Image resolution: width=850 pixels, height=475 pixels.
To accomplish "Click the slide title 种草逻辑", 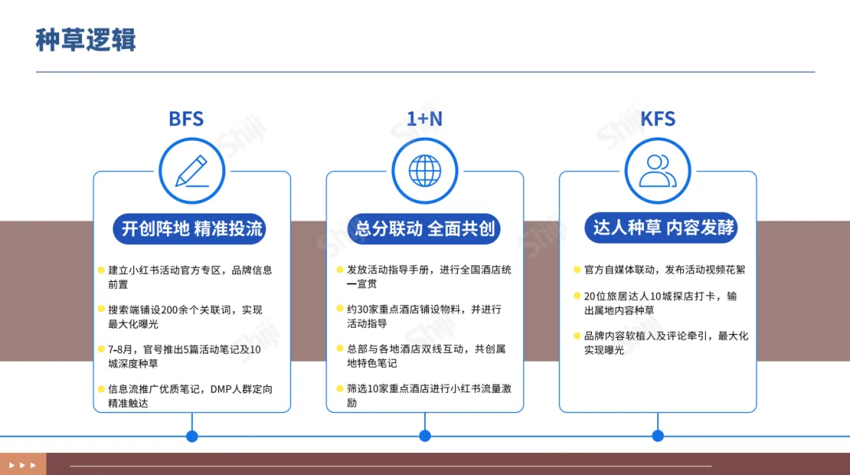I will pyautogui.click(x=86, y=39).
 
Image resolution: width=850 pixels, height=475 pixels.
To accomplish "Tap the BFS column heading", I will pyautogui.click(x=186, y=119).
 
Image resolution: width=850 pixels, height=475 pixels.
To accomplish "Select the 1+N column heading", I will pyautogui.click(x=424, y=119).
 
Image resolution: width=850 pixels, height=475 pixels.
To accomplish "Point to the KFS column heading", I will pyautogui.click(x=657, y=119).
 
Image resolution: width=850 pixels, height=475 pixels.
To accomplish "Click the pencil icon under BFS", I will pyautogui.click(x=192, y=171).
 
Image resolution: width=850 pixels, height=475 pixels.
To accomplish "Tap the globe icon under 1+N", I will pyautogui.click(x=425, y=171).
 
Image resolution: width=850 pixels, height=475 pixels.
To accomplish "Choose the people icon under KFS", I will pyautogui.click(x=658, y=171).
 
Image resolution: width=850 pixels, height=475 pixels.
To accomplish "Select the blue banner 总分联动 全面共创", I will pyautogui.click(x=425, y=229).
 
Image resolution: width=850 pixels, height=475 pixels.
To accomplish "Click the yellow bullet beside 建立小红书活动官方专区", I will pyautogui.click(x=102, y=269).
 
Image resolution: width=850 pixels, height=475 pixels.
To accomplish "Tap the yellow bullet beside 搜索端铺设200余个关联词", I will pyautogui.click(x=102, y=310).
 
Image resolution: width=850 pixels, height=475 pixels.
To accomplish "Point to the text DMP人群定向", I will pyautogui.click(x=242, y=389).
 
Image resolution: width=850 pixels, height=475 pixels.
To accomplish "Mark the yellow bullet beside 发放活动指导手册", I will pyautogui.click(x=340, y=269).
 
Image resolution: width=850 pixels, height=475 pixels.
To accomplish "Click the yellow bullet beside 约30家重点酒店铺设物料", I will pyautogui.click(x=340, y=310).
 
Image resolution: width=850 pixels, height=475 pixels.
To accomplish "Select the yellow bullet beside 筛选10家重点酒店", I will pyautogui.click(x=340, y=389).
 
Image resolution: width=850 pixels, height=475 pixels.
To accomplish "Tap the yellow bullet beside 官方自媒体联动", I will pyautogui.click(x=577, y=269).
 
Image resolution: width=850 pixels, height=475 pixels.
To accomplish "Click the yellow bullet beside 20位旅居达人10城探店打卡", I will pyautogui.click(x=577, y=296).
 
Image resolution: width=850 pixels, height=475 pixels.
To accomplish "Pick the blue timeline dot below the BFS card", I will pyautogui.click(x=192, y=436).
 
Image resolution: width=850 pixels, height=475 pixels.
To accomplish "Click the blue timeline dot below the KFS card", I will pyautogui.click(x=658, y=436).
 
